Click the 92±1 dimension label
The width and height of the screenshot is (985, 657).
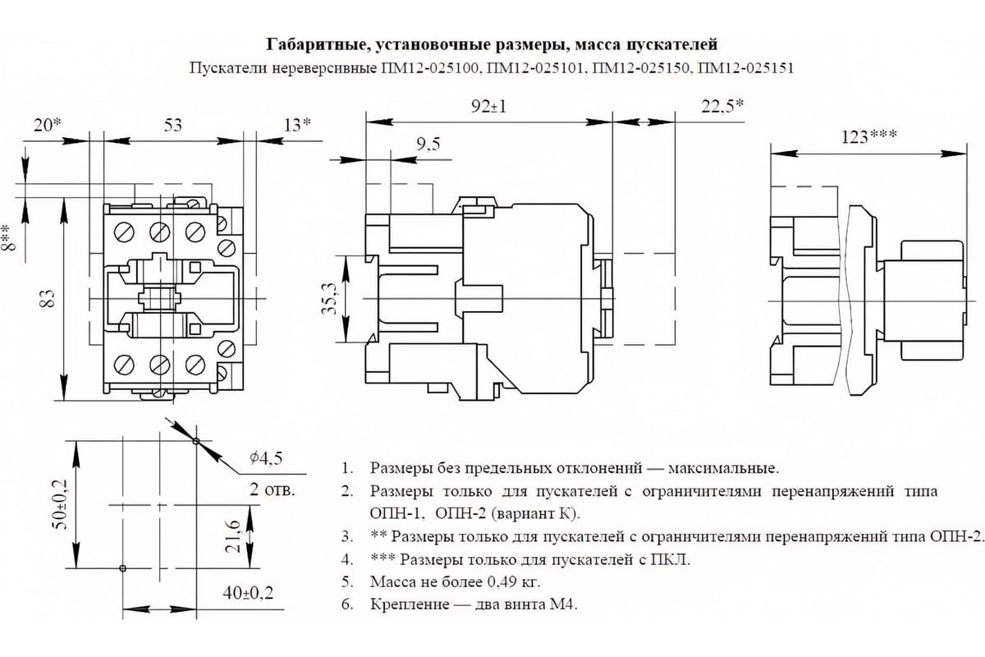point(488,107)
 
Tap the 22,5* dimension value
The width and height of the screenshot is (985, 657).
point(722,107)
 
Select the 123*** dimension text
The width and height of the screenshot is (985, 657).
point(869,137)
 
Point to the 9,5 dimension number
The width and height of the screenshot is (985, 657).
point(428,145)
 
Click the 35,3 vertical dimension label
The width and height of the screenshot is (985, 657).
point(329,299)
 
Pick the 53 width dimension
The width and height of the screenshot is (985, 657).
point(173,126)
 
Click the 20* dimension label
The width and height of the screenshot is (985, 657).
point(48,126)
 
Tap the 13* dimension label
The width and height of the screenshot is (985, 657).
point(297,125)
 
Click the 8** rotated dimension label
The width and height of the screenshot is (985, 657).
point(9,237)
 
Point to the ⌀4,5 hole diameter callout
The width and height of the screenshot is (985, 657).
point(266,458)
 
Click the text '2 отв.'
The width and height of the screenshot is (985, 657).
point(273,489)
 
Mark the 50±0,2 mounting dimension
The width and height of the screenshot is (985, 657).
point(59,504)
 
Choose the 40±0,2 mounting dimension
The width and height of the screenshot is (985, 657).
point(248,593)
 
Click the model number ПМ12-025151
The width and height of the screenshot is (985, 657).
point(746,68)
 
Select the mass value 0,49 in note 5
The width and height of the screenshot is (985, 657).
point(502,581)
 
